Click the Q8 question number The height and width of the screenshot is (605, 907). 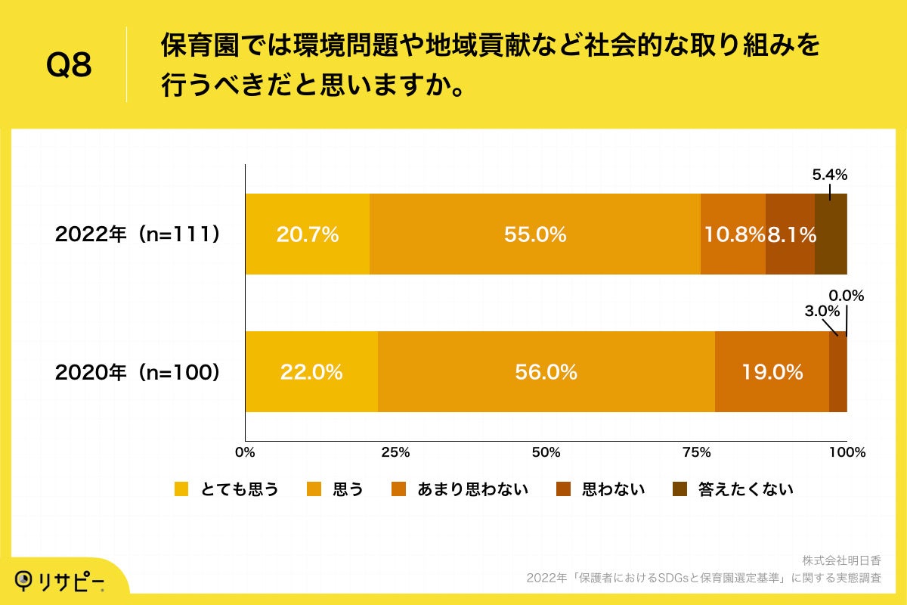(69, 66)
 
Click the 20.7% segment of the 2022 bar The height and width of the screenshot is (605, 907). (308, 234)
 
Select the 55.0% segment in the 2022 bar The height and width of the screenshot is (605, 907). (535, 234)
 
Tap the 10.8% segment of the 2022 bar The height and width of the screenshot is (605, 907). (733, 234)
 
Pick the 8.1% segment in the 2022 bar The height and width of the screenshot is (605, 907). (791, 234)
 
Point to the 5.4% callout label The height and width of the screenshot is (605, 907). (829, 175)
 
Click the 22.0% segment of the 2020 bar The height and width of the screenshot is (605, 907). (311, 372)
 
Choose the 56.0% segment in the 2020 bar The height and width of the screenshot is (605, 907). (546, 372)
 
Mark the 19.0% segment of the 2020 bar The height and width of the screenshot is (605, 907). (772, 372)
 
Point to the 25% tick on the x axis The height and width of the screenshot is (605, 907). (395, 453)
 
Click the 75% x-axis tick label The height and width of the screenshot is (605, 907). (696, 453)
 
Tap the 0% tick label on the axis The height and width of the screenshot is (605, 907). (245, 453)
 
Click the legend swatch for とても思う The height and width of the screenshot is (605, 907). (181, 489)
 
